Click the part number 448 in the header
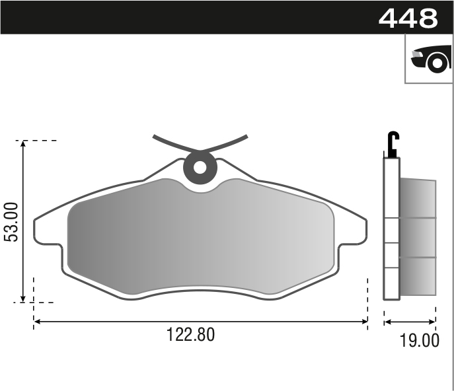[x=408, y=18]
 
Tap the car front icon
[x=431, y=59]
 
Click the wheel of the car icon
[x=437, y=63]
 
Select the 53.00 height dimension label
[x=11, y=222]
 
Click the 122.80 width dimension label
[x=190, y=335]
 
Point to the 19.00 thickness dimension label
[x=419, y=340]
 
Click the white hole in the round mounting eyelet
[x=200, y=168]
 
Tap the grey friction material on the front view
[x=200, y=236]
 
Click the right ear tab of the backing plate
[x=353, y=232]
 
